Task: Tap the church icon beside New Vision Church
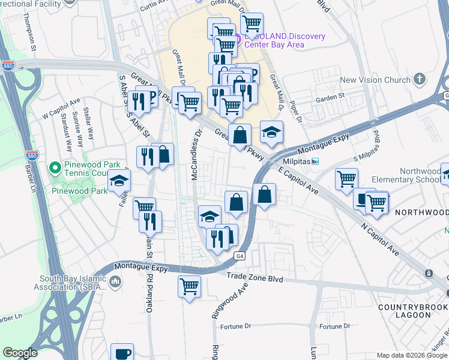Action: [419, 79]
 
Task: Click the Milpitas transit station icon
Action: [315, 162]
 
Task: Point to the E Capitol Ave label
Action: [298, 179]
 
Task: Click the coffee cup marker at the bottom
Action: [122, 353]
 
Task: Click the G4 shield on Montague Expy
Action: [238, 256]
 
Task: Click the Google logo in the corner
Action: [20, 353]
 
